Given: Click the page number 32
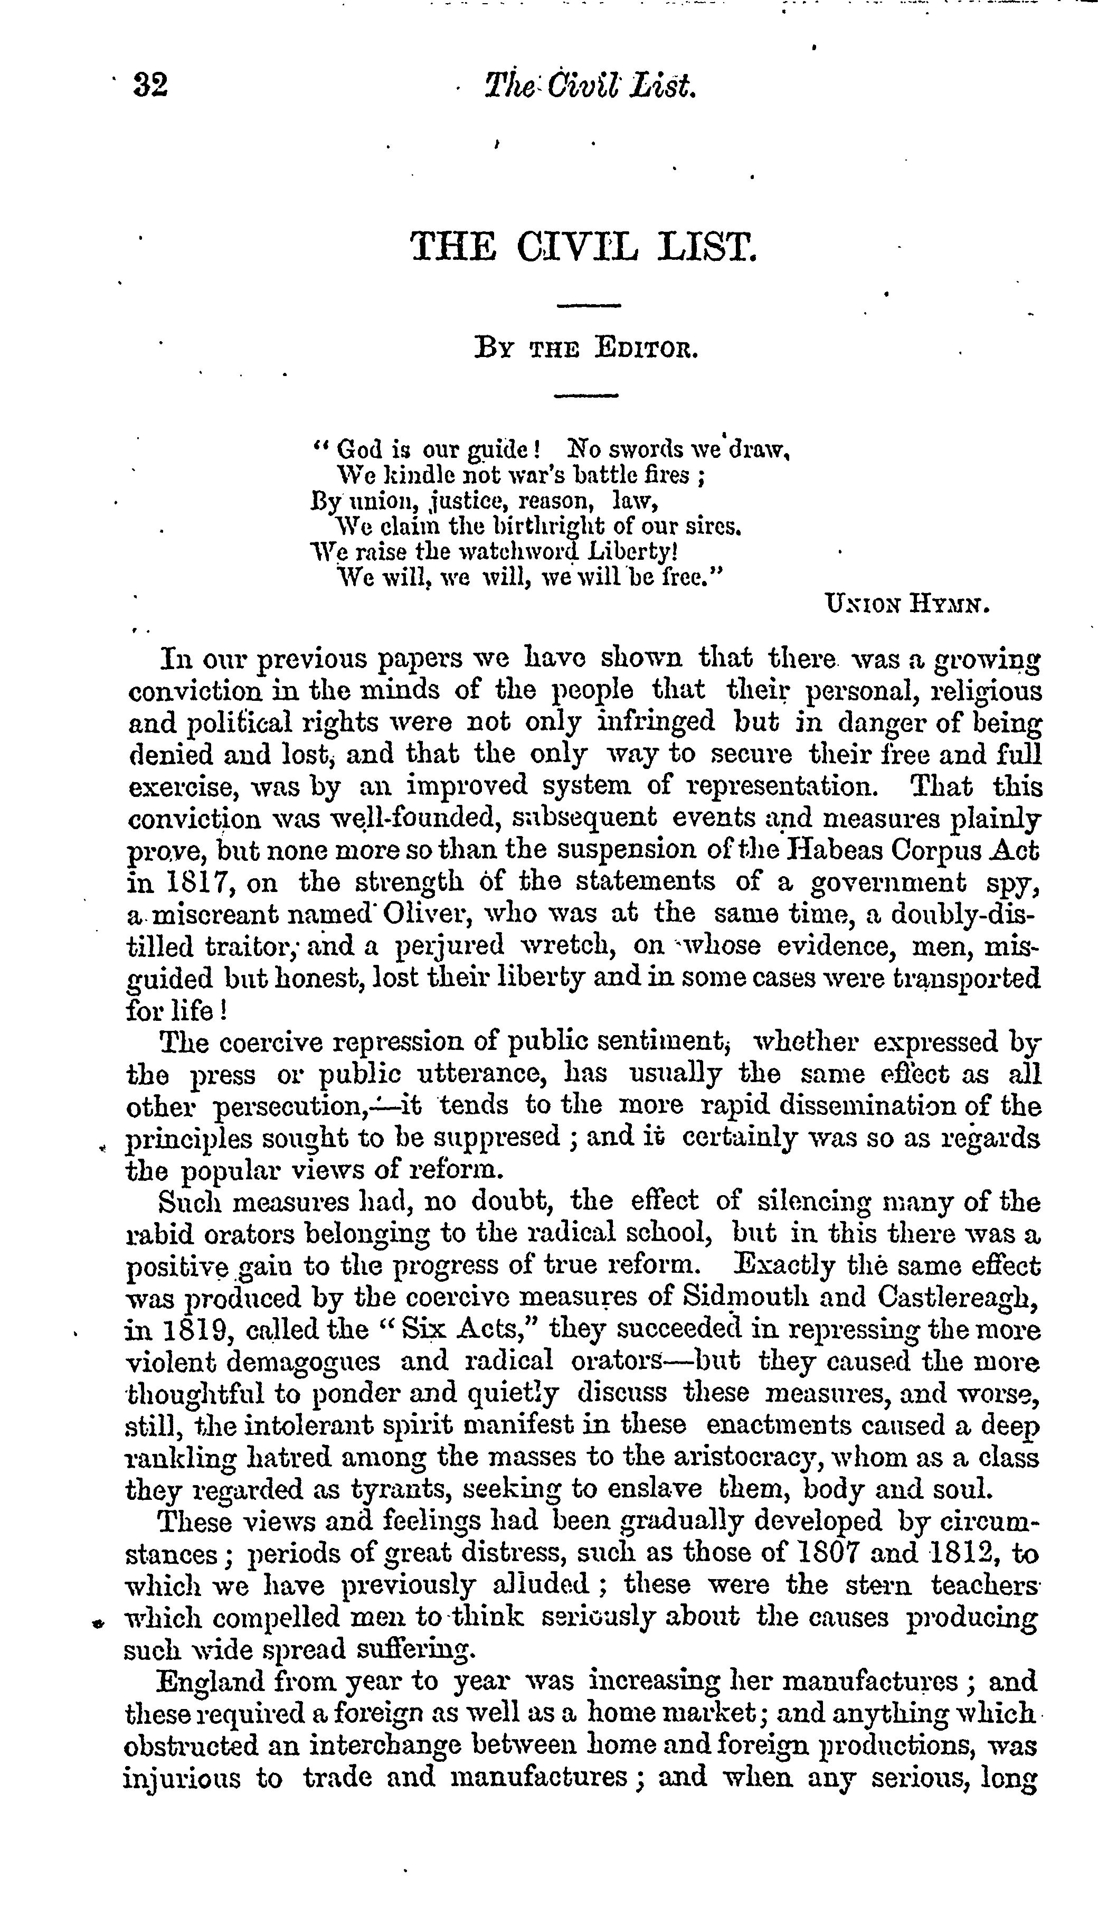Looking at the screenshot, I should tap(151, 85).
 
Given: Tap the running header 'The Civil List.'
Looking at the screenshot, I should tap(589, 86).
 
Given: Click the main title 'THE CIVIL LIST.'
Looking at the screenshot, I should tap(583, 247).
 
